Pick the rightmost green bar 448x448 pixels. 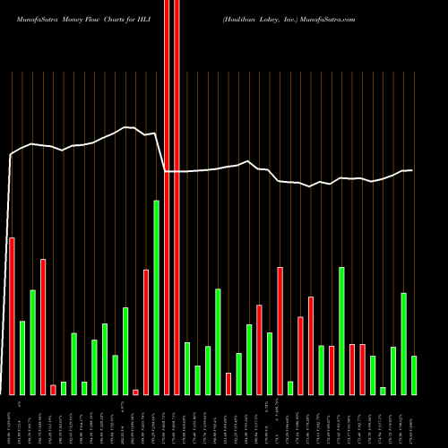(414, 375)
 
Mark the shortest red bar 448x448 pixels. (135, 392)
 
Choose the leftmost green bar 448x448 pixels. (22, 358)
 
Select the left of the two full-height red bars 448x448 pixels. (167, 197)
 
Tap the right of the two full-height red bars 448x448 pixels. (177, 197)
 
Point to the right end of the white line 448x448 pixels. (412, 170)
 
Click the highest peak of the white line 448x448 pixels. (126, 128)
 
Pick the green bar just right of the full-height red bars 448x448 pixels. (187, 368)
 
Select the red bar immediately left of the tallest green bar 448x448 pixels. (146, 332)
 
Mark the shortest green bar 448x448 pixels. (383, 391)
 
